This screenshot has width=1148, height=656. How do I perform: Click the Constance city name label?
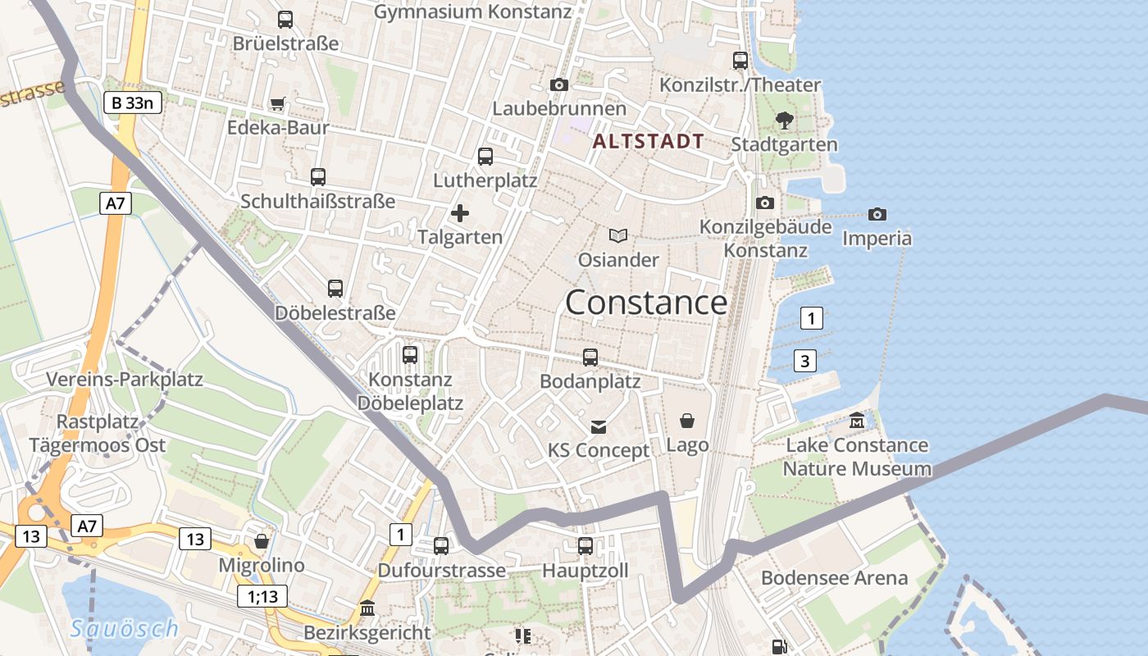point(645,303)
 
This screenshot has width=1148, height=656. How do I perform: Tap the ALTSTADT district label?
point(648,141)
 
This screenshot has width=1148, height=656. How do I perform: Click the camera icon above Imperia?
point(877,214)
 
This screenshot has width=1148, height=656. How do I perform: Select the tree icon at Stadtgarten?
point(784,121)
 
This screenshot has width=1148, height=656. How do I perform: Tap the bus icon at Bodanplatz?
point(590,357)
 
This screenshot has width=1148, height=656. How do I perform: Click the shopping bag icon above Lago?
point(687,421)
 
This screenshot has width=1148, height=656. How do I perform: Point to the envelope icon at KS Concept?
point(599,426)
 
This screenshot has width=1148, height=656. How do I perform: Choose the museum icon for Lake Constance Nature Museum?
point(857,421)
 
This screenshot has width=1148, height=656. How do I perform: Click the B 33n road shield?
point(133,102)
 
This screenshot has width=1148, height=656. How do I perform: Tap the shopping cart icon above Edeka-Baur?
point(278,103)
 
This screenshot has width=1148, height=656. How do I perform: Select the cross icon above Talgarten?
point(460,213)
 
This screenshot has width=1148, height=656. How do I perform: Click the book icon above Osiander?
point(618,236)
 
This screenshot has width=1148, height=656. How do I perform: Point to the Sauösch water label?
point(124,629)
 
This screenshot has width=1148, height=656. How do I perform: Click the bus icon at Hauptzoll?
point(585,545)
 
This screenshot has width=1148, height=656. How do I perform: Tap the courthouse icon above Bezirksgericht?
point(367,608)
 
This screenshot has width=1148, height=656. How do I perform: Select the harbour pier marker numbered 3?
point(805,360)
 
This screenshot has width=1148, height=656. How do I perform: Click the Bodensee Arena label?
point(834,577)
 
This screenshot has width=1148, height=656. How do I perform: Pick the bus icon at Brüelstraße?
point(285,19)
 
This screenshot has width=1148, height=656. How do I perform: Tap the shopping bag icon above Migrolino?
point(262,541)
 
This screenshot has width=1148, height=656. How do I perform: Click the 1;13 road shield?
point(262,596)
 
